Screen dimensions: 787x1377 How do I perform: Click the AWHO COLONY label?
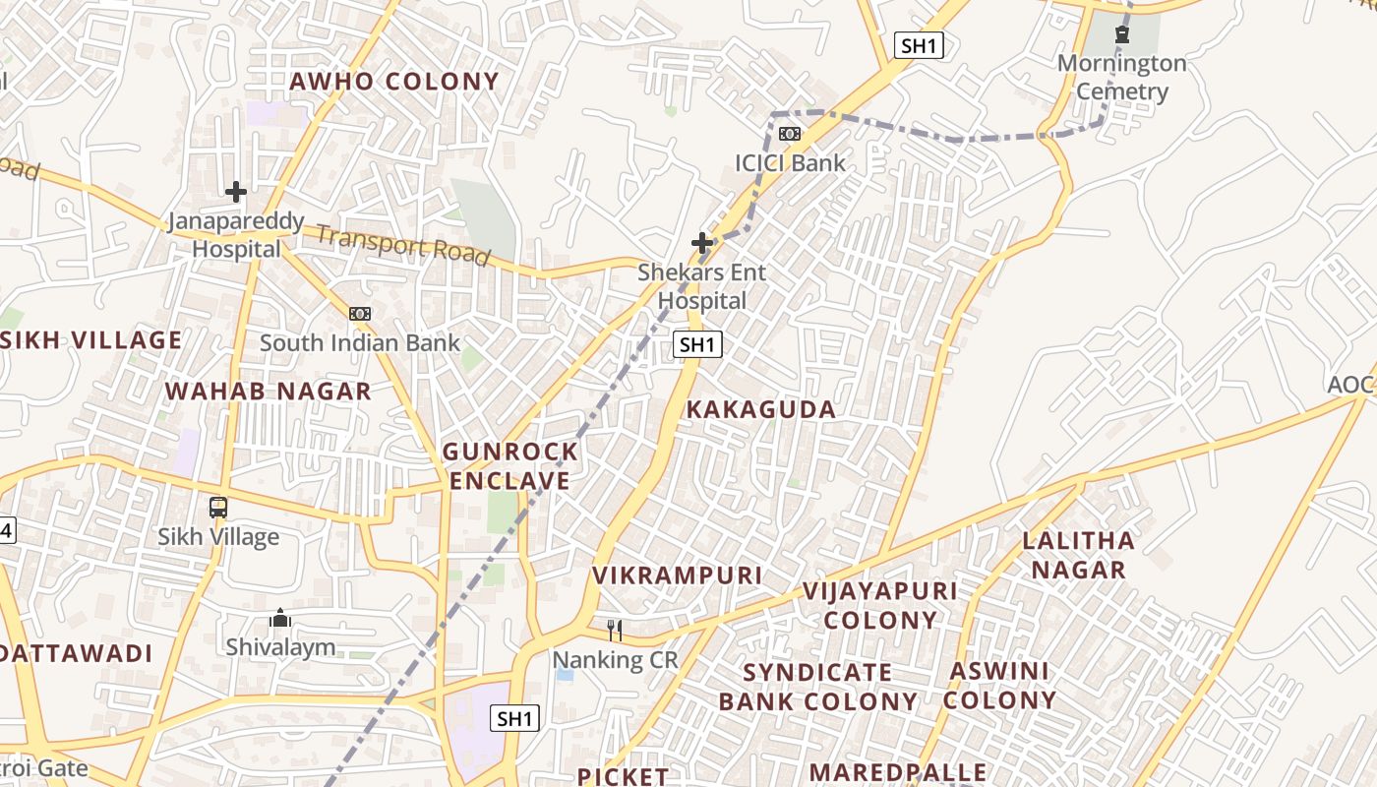coord(393,82)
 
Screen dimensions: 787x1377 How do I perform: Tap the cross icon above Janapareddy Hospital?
coord(236,191)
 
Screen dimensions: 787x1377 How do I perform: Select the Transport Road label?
coord(402,245)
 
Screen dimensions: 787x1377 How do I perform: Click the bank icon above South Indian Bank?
coord(360,314)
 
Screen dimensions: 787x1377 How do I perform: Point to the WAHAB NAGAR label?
coord(268,392)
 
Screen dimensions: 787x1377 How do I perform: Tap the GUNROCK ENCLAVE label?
coord(509,466)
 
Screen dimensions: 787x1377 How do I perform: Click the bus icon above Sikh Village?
coord(218,509)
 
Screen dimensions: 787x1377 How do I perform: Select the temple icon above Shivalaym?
coord(280,619)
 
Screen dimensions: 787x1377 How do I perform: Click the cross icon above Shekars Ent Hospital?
coord(702,242)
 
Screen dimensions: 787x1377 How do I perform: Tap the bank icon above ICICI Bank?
coord(790,134)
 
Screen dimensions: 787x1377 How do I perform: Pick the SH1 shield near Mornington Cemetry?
coord(919,45)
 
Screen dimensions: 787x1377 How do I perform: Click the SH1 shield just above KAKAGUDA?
coord(697,344)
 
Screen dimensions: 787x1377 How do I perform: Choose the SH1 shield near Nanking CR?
coord(514,718)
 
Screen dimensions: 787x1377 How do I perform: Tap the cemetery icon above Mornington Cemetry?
coord(1121,34)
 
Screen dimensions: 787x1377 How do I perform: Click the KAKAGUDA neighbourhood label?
coord(760,410)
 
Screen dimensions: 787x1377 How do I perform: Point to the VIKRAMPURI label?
coord(677,575)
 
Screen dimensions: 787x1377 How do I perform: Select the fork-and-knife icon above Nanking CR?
coord(615,630)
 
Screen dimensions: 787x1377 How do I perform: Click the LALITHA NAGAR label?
coord(1078,555)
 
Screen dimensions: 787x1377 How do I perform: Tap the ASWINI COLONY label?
coord(999,686)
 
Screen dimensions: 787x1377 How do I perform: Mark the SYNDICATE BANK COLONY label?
coord(817,687)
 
